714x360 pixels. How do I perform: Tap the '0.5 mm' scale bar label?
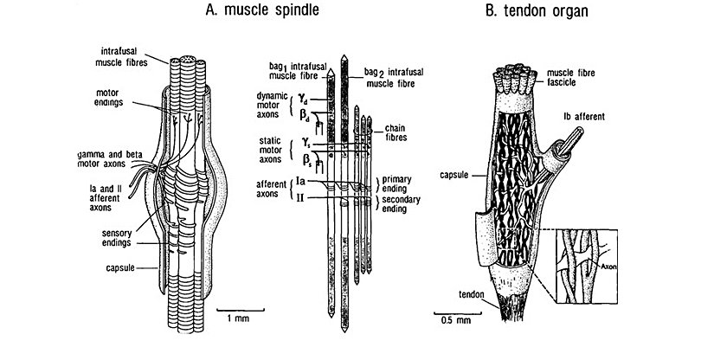point(455,319)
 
